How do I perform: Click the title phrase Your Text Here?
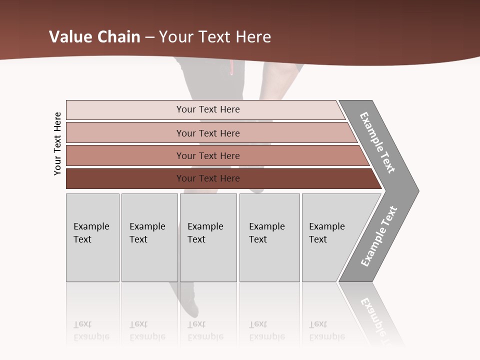(x=215, y=37)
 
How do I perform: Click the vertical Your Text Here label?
(x=57, y=144)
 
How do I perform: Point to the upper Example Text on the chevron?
(x=377, y=142)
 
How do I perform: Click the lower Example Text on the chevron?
(x=379, y=236)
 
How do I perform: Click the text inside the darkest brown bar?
(x=208, y=178)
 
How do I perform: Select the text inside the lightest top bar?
(x=208, y=109)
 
